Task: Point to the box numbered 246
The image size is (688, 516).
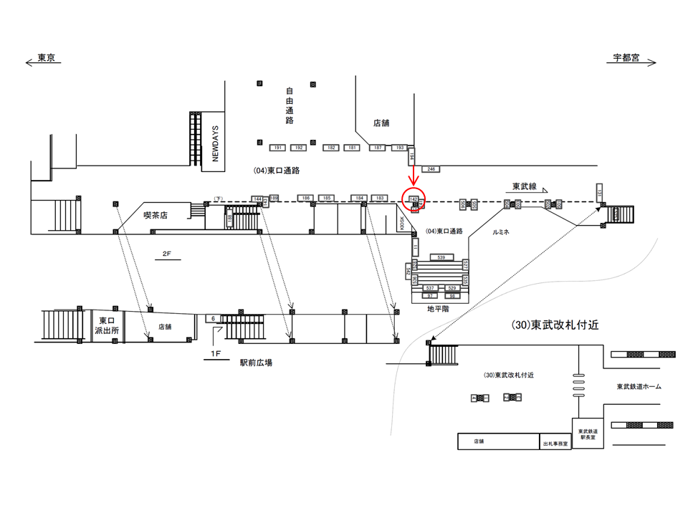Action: (431, 169)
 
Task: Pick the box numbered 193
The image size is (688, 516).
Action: (400, 148)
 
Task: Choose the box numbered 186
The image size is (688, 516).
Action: (305, 198)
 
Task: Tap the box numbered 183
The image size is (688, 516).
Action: (380, 198)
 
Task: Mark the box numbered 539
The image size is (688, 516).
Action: (441, 257)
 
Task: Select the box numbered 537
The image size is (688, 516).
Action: (430, 287)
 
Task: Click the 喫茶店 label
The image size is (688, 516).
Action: (155, 214)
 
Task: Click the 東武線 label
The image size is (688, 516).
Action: (525, 186)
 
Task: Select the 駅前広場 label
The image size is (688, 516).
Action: (256, 363)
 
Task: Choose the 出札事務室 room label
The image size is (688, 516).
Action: (555, 444)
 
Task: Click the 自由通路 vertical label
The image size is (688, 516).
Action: (290, 105)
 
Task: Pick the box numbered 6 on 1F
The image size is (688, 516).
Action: (212, 317)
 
